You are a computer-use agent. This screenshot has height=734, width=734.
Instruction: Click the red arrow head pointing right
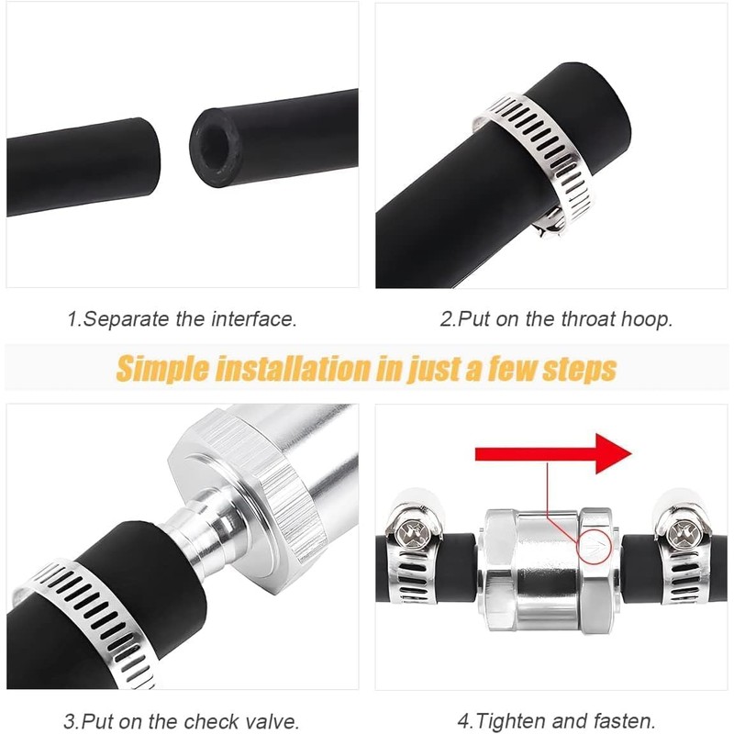[613, 453]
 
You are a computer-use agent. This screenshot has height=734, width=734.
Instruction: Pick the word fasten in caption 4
[625, 721]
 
